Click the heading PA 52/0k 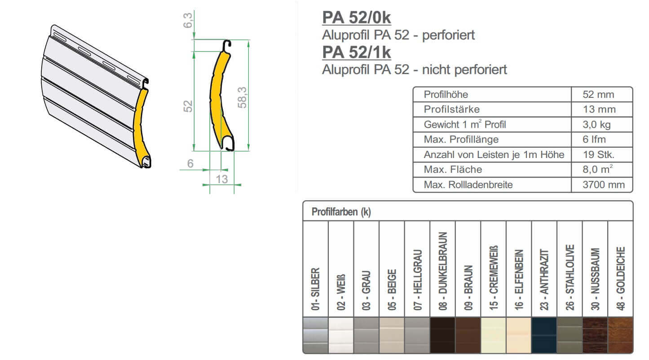pos(356,18)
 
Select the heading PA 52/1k pos(356,53)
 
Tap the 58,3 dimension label pos(242,97)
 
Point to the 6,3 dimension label pos(188,20)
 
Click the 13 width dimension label pos(221,179)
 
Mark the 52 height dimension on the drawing pos(188,106)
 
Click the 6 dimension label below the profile pos(190,164)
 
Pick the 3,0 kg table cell pos(596,124)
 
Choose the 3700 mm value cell pos(604,184)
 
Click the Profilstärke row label pos(452,109)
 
